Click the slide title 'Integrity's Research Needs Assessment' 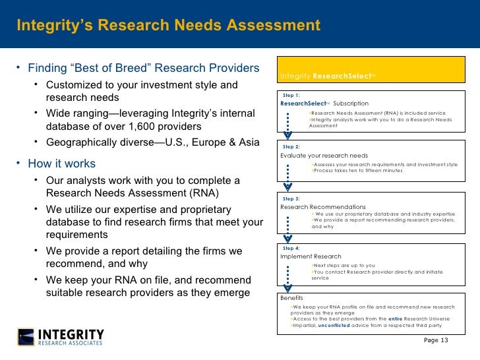tap(168, 26)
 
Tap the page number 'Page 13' tap(436, 340)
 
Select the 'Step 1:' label tap(291, 96)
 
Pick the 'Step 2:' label tap(291, 146)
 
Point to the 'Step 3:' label tap(291, 198)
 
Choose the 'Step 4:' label tap(291, 248)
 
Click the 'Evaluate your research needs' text tap(324, 156)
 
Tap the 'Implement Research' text tap(311, 256)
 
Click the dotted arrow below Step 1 tap(287, 125)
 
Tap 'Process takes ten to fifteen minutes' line tap(357, 170)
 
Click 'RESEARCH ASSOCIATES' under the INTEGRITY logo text tap(71, 343)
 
